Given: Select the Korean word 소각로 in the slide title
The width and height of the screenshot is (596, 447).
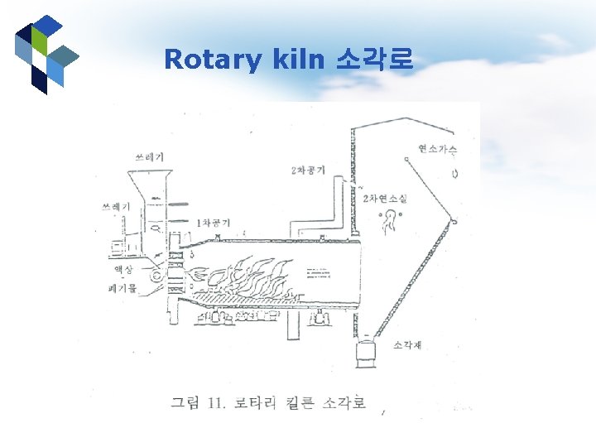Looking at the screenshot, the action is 374,60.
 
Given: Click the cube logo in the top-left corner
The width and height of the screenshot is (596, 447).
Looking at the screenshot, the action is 46,53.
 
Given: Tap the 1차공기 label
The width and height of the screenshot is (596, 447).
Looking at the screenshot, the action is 214,222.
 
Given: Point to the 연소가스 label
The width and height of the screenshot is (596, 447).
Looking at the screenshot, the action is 437,149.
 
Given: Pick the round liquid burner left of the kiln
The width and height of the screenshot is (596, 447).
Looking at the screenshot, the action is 156,274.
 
